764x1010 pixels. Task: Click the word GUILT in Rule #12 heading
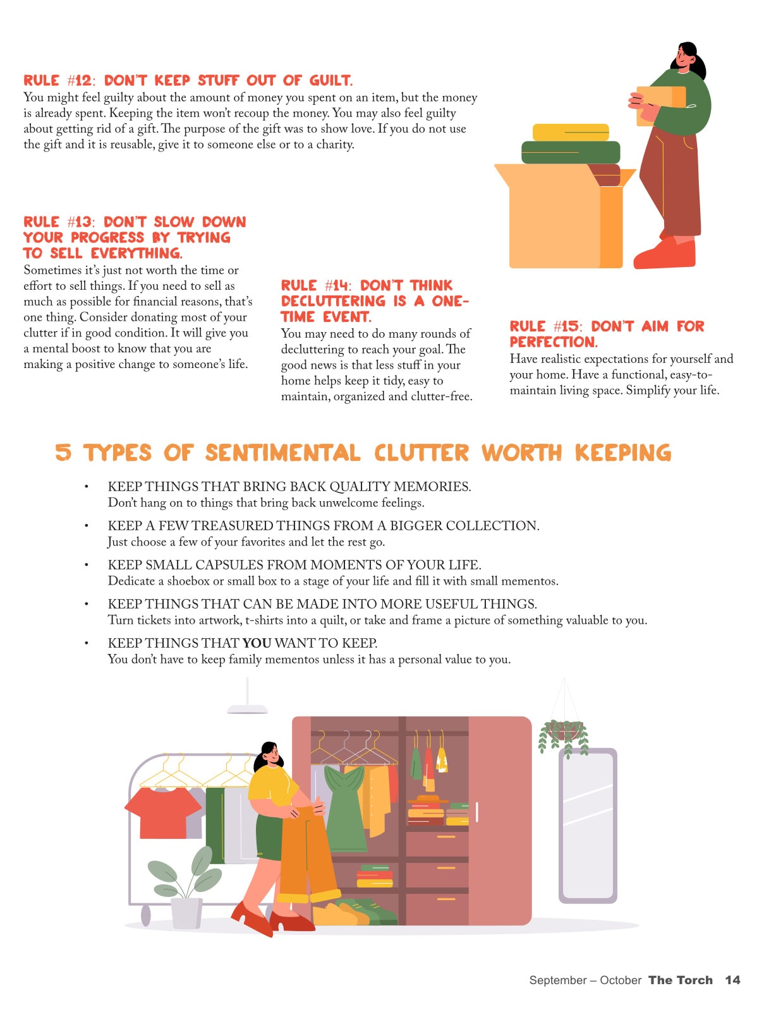point(330,80)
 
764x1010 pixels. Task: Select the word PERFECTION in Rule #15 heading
point(553,342)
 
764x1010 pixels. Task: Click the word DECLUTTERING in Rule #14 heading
point(333,300)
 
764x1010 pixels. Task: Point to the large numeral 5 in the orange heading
point(63,452)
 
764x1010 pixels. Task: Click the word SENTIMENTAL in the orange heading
point(282,452)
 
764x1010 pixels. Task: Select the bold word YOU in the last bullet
point(257,643)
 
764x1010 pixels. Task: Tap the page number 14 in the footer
point(732,980)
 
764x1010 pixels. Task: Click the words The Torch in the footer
point(680,980)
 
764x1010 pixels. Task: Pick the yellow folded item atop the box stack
point(571,132)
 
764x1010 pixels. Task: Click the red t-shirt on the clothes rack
point(163,812)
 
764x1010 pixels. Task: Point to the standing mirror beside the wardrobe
point(588,826)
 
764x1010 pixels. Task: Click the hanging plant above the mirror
point(563,737)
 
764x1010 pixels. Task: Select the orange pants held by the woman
point(306,852)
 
